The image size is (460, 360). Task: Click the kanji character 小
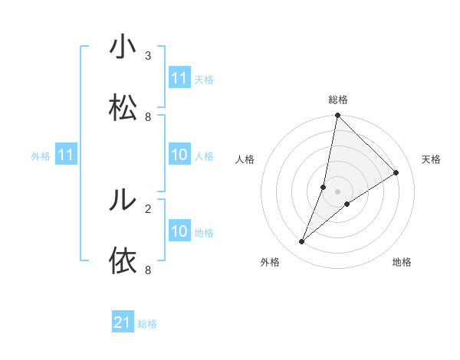[x=123, y=47]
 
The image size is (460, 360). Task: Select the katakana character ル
[x=123, y=199]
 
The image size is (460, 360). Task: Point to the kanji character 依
[x=123, y=260]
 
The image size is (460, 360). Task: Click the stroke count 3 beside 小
[x=148, y=56]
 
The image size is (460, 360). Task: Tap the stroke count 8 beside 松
[x=148, y=117]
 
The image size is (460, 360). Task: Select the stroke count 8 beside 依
[x=148, y=270]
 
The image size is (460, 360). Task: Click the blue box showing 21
[x=123, y=323]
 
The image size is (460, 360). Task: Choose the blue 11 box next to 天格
[x=179, y=78]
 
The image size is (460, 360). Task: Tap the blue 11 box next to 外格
[x=66, y=155]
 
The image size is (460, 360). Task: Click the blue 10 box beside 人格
[x=179, y=155]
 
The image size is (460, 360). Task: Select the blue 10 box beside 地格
[x=179, y=231]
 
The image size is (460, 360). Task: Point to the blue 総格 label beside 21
[x=147, y=324]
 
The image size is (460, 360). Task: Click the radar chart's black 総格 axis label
[x=338, y=100]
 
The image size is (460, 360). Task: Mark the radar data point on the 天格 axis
[x=396, y=172]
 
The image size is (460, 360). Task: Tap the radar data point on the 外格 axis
[x=302, y=242]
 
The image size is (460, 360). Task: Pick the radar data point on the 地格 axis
[x=347, y=204]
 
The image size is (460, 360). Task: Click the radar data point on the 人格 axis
[x=324, y=187]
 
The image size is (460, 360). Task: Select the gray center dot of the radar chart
[x=338, y=191]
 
